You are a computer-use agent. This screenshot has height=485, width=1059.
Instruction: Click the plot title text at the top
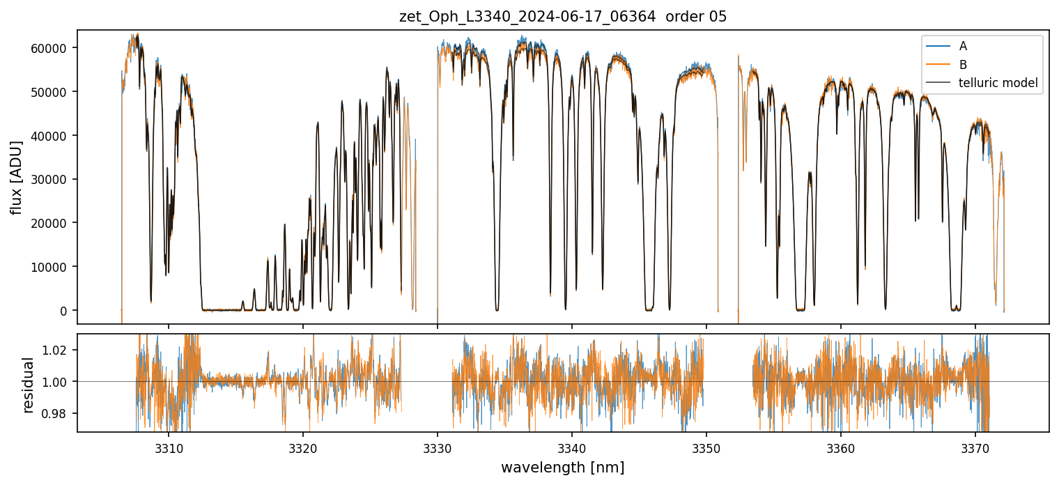coord(563,17)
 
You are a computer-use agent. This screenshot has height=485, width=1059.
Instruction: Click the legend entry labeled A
coord(963,46)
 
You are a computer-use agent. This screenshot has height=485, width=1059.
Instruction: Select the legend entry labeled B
coord(963,65)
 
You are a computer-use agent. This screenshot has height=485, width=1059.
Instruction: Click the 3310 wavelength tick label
coord(169,447)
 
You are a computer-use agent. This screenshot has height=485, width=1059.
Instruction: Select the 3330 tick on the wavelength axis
coord(438,447)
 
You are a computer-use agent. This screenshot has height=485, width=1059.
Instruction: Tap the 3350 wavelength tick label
coord(706,447)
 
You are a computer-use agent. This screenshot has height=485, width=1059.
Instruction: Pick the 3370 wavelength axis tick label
coord(975,447)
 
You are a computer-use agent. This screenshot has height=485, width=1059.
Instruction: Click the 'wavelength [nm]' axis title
coord(563,467)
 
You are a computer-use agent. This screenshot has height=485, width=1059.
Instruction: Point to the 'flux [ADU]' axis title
coord(16,177)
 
